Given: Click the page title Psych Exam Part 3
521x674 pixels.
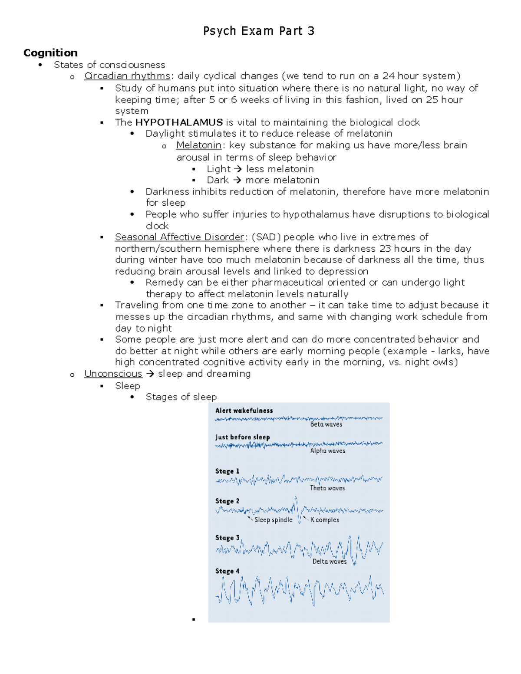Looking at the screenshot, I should point(259,31).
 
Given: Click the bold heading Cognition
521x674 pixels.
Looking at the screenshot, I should point(50,53).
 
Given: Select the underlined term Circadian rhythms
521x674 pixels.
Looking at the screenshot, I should point(127,76).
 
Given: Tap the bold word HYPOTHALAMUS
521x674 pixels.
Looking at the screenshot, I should point(179,122).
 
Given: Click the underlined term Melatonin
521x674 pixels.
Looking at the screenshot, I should point(198,145).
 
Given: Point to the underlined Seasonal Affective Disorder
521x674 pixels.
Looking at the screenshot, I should point(179,237).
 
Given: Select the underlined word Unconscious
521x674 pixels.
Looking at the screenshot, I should point(113,374).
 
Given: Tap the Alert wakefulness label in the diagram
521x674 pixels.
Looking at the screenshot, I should point(244,411).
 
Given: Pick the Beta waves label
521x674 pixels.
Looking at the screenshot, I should point(326,424).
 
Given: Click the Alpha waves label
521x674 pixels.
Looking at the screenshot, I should point(328,451).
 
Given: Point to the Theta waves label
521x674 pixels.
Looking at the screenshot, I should point(327,488).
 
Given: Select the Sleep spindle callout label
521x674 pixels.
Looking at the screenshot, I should point(273,520).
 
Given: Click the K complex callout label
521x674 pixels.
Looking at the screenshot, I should point(325,520).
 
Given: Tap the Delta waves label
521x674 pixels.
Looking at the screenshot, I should point(330,562).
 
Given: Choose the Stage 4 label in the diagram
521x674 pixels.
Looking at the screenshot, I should point(227,571).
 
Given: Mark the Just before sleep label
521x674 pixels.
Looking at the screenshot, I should point(242,437).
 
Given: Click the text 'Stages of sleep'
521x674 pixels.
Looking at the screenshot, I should point(181,397).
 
